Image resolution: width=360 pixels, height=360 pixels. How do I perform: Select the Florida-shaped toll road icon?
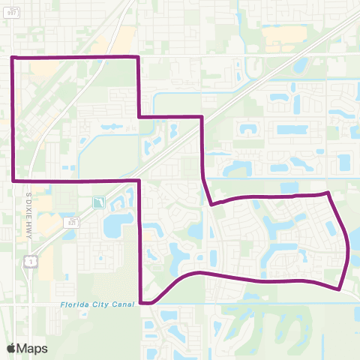tap(97, 202)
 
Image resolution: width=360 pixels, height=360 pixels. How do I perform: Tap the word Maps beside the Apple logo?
tap(32, 349)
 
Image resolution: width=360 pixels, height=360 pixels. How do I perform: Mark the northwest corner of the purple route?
tap(13, 57)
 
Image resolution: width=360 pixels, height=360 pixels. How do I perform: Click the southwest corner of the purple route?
tap(14, 180)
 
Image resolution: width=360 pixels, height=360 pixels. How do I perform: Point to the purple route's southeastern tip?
tap(340, 288)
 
